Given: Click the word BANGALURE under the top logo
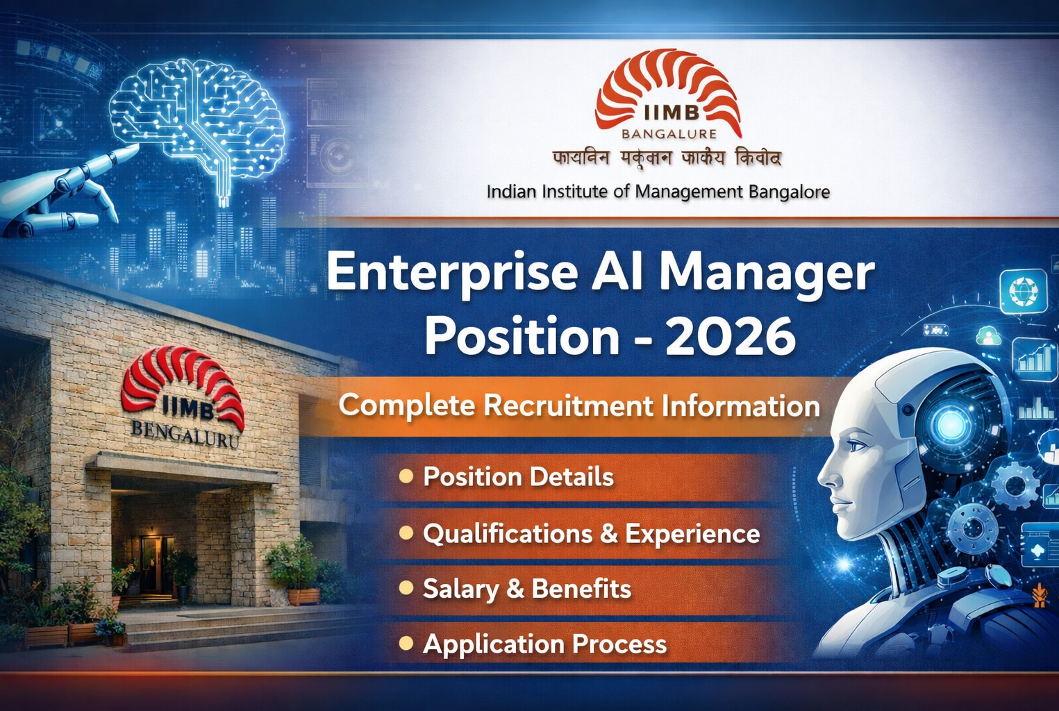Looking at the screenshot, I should [669, 133].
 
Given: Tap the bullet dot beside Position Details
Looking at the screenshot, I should [406, 476].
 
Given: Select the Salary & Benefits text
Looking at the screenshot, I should [526, 589].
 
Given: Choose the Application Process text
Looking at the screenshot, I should [544, 644].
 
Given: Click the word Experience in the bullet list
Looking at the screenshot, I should [692, 533].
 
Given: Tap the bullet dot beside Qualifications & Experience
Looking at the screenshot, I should [406, 533].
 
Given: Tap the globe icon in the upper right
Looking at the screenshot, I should [1022, 290].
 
